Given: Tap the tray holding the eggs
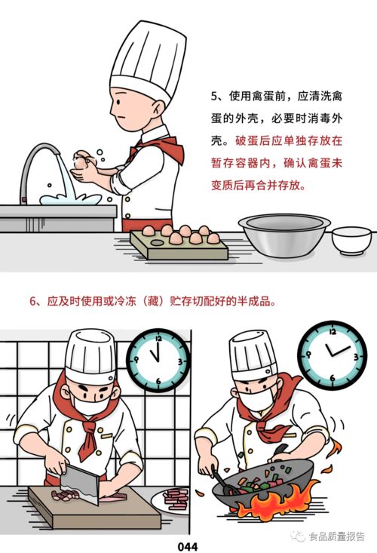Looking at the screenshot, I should tap(177, 245).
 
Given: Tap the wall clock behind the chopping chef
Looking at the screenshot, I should tap(158, 359).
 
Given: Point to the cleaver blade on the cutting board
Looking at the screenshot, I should tap(78, 482).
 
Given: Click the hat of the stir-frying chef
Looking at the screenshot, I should tap(253, 355).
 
